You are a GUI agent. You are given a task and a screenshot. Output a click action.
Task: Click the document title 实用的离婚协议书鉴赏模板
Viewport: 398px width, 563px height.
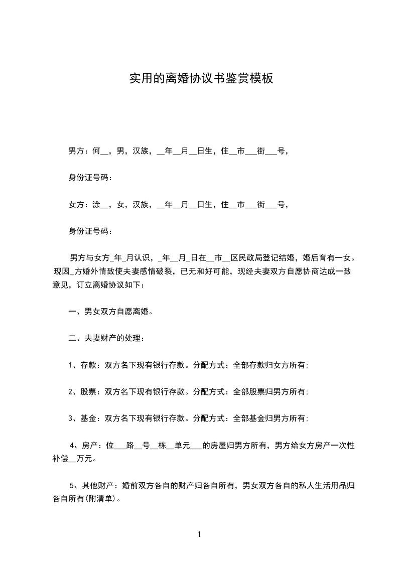click(x=201, y=79)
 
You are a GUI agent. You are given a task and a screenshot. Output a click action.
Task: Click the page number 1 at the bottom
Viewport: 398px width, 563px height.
click(x=199, y=534)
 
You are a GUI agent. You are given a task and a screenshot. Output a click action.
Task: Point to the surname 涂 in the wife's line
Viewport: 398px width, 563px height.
click(x=96, y=205)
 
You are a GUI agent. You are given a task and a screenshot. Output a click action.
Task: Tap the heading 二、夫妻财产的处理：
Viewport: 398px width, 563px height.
click(x=106, y=338)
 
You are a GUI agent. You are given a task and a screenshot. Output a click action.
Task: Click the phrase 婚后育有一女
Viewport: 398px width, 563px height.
click(x=329, y=258)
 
